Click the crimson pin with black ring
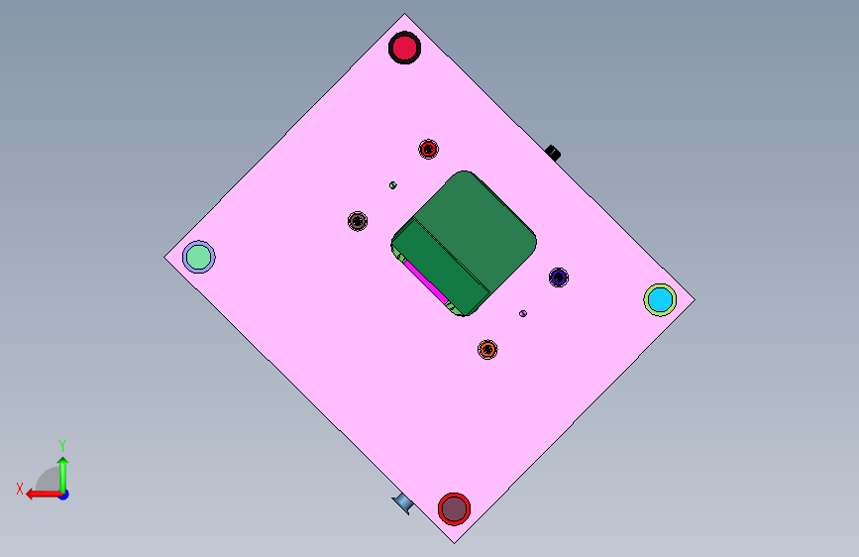point(404,48)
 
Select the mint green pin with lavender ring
point(199,257)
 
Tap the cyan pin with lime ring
point(660,300)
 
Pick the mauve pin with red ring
point(454,508)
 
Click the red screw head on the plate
point(428,149)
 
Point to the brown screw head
point(358,221)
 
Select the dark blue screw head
point(559,278)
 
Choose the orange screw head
point(487,349)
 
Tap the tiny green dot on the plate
point(392,185)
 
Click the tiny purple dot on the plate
point(523,313)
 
